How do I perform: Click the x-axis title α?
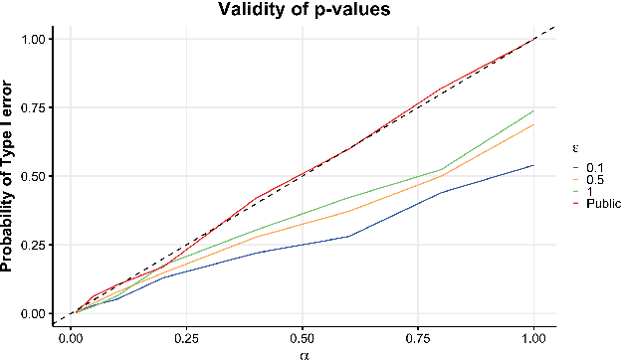(x=303, y=352)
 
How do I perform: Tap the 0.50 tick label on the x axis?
(x=303, y=336)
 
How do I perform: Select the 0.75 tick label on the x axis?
(x=419, y=336)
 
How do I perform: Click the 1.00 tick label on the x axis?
(x=535, y=336)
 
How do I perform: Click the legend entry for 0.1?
(x=587, y=167)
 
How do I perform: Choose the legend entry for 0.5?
(x=587, y=179)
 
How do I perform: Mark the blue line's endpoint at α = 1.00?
(x=535, y=165)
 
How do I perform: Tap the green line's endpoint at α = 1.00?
(x=535, y=110)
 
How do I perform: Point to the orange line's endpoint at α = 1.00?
(x=535, y=124)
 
